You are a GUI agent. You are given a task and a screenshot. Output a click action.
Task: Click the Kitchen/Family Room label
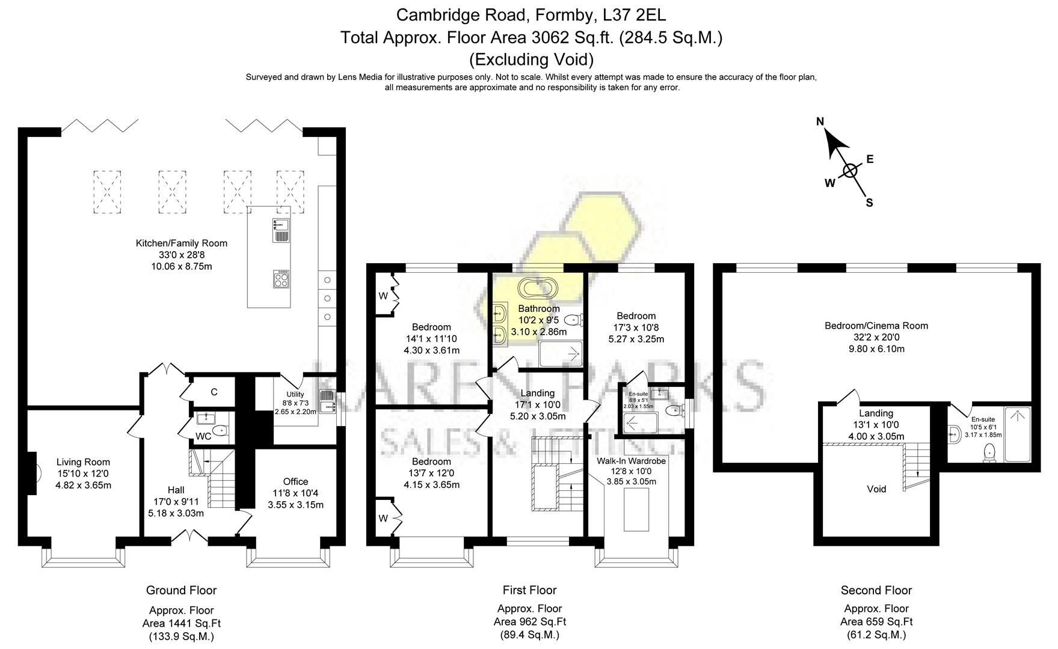click(181, 243)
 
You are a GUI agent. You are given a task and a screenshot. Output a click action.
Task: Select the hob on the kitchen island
click(281, 279)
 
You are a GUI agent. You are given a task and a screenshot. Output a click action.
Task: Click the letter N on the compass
click(820, 122)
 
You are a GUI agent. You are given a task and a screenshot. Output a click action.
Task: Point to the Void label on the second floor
click(876, 489)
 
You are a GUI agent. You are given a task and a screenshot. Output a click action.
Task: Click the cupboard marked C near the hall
click(214, 392)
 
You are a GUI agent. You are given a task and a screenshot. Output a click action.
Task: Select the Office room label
click(295, 481)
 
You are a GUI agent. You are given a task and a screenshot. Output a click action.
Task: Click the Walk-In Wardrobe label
click(631, 461)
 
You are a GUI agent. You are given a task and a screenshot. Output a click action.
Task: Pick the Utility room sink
click(328, 401)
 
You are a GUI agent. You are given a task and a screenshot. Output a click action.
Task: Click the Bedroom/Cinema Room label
click(876, 326)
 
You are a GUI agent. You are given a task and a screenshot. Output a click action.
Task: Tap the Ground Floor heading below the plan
click(181, 590)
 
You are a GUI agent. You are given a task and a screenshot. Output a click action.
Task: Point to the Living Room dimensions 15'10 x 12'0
click(83, 474)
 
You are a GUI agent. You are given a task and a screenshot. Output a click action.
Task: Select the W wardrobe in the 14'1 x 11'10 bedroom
click(383, 296)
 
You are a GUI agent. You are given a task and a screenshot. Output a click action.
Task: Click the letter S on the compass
click(869, 203)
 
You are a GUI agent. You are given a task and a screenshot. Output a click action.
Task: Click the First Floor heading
click(529, 590)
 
